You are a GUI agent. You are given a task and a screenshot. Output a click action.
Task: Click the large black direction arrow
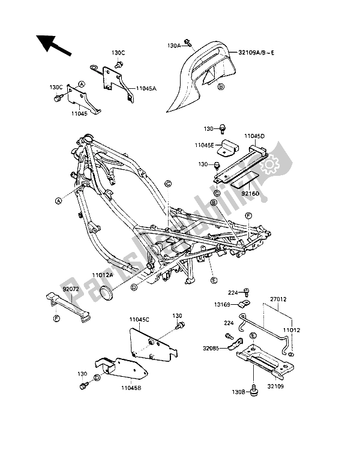pyautogui.click(x=53, y=45)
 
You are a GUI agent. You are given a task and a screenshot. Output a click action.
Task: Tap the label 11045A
pyautogui.click(x=146, y=88)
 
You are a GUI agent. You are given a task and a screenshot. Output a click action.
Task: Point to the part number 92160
pyautogui.click(x=250, y=194)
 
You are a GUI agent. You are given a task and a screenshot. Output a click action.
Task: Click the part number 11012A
pyautogui.click(x=103, y=275)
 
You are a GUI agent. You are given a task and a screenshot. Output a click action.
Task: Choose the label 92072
pyautogui.click(x=71, y=289)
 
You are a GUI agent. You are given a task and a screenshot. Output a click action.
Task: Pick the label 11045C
pyautogui.click(x=139, y=320)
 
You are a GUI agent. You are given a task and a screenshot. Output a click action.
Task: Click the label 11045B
pyautogui.click(x=131, y=388)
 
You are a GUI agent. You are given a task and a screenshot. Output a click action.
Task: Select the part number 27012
pyautogui.click(x=278, y=299)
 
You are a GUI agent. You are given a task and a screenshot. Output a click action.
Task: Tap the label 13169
pyautogui.click(x=222, y=305)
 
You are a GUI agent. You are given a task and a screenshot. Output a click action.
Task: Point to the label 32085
pyautogui.click(x=211, y=348)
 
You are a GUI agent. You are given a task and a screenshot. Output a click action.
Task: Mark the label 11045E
pyautogui.click(x=204, y=145)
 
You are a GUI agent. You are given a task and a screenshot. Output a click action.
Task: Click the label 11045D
pyautogui.click(x=254, y=136)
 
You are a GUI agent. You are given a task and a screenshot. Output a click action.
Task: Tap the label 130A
pyautogui.click(x=174, y=46)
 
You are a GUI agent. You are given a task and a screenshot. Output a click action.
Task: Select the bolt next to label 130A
pyautogui.click(x=188, y=43)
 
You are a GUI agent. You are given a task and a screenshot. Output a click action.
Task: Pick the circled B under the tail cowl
pyautogui.click(x=221, y=87)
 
